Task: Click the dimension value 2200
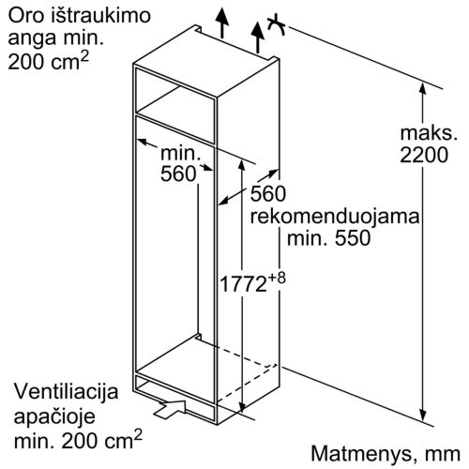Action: pos(424,155)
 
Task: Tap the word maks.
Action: pos(429,132)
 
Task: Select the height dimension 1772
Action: pos(243,284)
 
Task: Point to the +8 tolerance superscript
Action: pos(277,278)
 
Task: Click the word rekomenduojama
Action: pos(335,216)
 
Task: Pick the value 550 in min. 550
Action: pos(353,238)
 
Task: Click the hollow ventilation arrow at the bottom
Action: pos(171,408)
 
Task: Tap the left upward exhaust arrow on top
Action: pos(222,23)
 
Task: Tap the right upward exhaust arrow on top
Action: pos(258,38)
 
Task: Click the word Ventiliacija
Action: pos(67,391)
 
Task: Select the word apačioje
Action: pos(54,416)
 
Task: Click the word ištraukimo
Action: pos(100,16)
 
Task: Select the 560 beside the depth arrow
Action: pos(268,193)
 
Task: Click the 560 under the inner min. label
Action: pos(178,174)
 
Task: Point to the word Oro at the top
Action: pos(26,16)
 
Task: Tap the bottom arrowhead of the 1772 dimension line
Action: pos(242,406)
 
